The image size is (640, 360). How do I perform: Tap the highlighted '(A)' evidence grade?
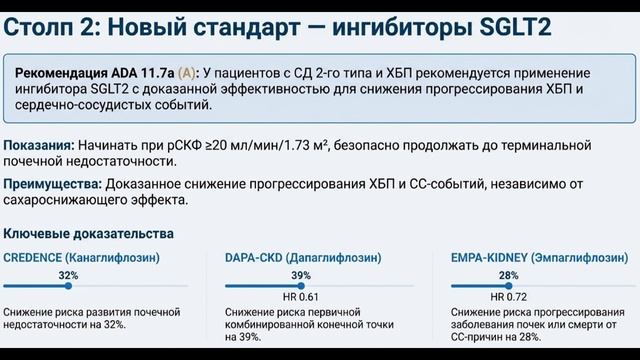(x=187, y=74)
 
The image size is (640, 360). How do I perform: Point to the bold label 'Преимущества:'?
(x=49, y=185)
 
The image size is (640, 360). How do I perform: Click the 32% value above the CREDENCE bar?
(x=68, y=274)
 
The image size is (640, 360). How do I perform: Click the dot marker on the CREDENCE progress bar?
(x=68, y=286)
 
